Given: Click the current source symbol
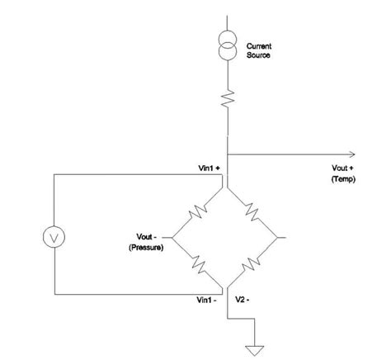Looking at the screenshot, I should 225,48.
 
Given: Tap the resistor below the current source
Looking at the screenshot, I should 225,102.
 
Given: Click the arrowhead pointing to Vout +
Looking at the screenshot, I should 352,154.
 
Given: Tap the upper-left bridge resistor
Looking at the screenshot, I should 199,213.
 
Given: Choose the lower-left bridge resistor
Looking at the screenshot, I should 198,263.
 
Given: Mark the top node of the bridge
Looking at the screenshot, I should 225,187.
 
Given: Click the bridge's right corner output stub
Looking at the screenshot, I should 280,238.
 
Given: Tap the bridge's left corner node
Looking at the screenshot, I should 172,239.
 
